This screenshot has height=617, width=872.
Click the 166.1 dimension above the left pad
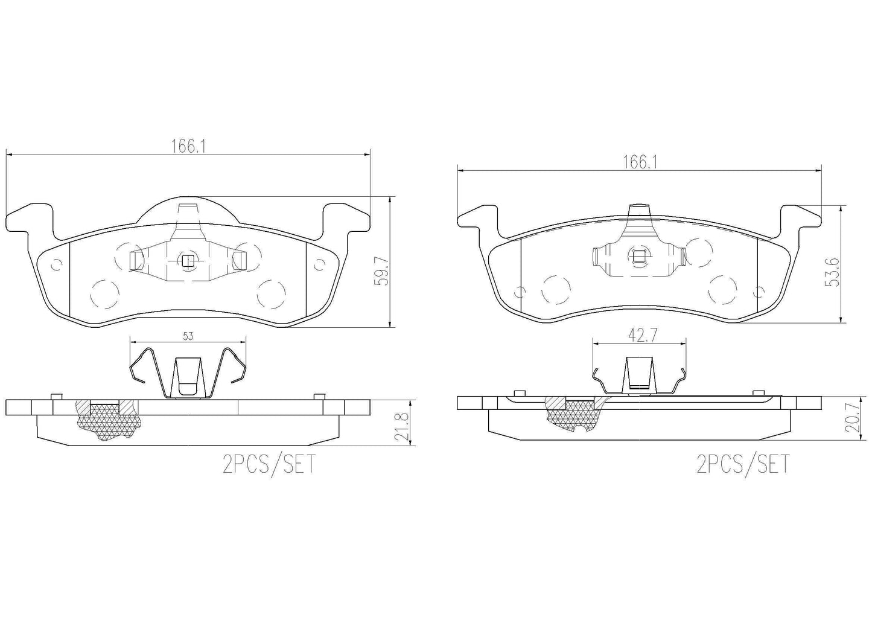click(185, 146)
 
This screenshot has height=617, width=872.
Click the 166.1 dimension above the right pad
click(639, 162)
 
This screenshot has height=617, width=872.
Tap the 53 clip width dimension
click(188, 336)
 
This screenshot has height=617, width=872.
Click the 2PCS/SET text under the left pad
click(269, 465)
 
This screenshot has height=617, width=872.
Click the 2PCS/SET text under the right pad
click(742, 464)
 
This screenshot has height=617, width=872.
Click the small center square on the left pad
click(188, 261)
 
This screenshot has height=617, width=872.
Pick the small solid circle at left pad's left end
click(57, 264)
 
